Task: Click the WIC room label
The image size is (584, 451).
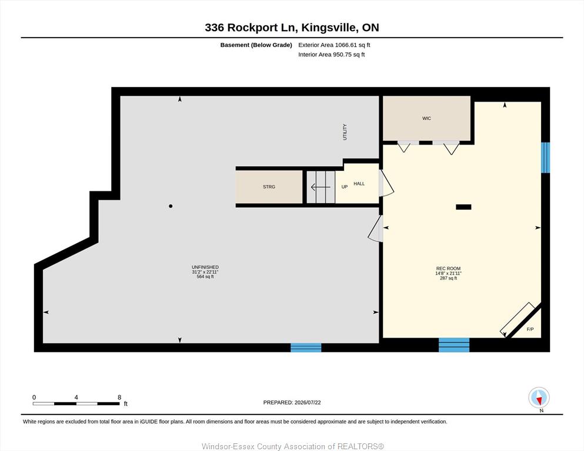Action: point(426,118)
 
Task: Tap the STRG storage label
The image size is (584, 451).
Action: point(269,187)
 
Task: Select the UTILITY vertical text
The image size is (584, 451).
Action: point(345,132)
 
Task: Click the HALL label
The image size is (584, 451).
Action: point(359,183)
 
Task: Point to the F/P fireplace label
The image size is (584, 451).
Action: point(530,329)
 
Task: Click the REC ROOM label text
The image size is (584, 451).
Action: point(448,268)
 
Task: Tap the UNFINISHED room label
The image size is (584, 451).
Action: point(205,267)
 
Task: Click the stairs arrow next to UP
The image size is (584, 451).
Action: point(321,187)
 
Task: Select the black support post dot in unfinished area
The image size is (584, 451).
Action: point(171,206)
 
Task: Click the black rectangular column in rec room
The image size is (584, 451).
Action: point(463,207)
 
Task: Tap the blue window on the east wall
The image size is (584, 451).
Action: point(545,157)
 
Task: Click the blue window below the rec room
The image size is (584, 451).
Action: point(454,345)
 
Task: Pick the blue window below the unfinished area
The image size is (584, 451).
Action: point(306,347)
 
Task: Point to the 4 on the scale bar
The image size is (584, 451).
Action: point(76,397)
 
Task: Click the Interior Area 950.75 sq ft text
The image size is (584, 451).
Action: point(332,54)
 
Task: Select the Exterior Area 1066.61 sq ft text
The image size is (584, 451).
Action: point(334,45)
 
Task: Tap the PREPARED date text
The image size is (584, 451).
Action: point(292,402)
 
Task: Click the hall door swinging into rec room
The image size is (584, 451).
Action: point(386,183)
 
